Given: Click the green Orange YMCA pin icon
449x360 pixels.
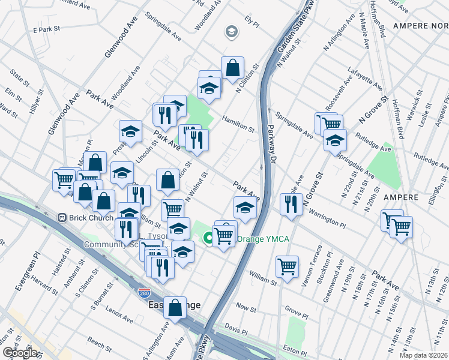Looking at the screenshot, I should [x=209, y=239].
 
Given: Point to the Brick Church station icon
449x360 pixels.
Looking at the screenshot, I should [x=61, y=217].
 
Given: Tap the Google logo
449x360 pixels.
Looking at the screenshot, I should [x=19, y=353].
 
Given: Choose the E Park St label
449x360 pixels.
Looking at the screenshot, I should [x=47, y=29].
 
